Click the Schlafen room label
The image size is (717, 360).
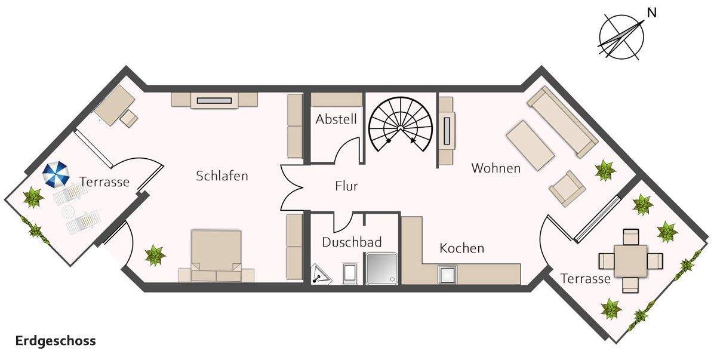click(x=221, y=176)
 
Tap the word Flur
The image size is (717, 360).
click(x=346, y=186)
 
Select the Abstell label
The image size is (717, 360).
click(x=336, y=119)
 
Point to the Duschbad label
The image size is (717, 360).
click(x=352, y=242)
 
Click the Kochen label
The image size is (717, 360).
click(x=461, y=248)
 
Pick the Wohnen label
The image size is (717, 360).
click(x=496, y=168)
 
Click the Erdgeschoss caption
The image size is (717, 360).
click(x=56, y=341)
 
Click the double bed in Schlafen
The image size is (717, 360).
click(x=216, y=255)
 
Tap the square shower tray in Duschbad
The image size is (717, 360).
click(x=380, y=267)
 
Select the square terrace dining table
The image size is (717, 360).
click(x=630, y=261)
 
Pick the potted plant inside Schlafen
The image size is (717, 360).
click(x=155, y=255)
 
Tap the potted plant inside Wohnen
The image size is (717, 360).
click(x=605, y=170)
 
